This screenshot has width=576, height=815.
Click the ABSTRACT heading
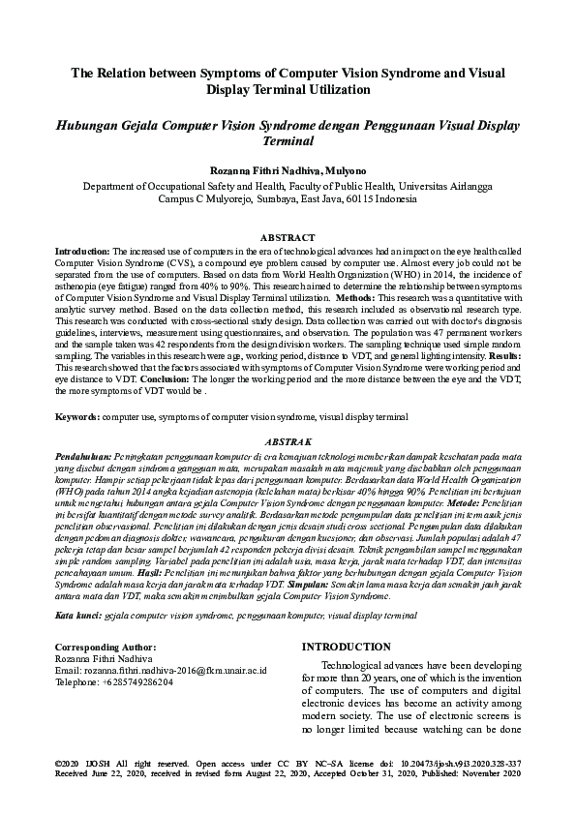coord(288,237)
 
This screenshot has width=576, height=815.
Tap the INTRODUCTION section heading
coord(347,647)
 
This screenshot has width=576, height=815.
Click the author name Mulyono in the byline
coord(345,168)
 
